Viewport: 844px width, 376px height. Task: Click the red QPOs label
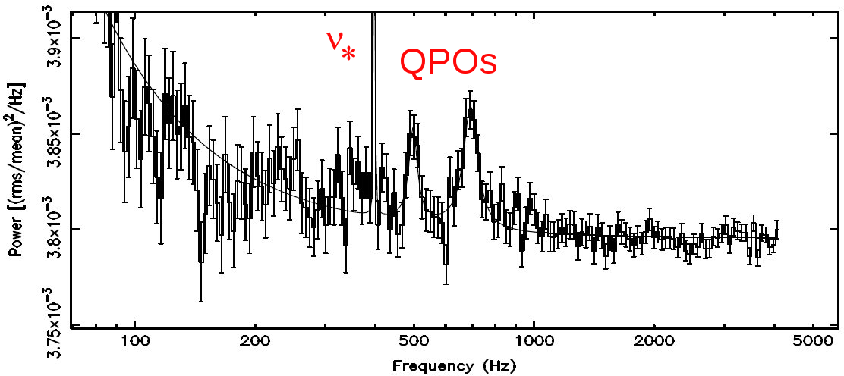(448, 64)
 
